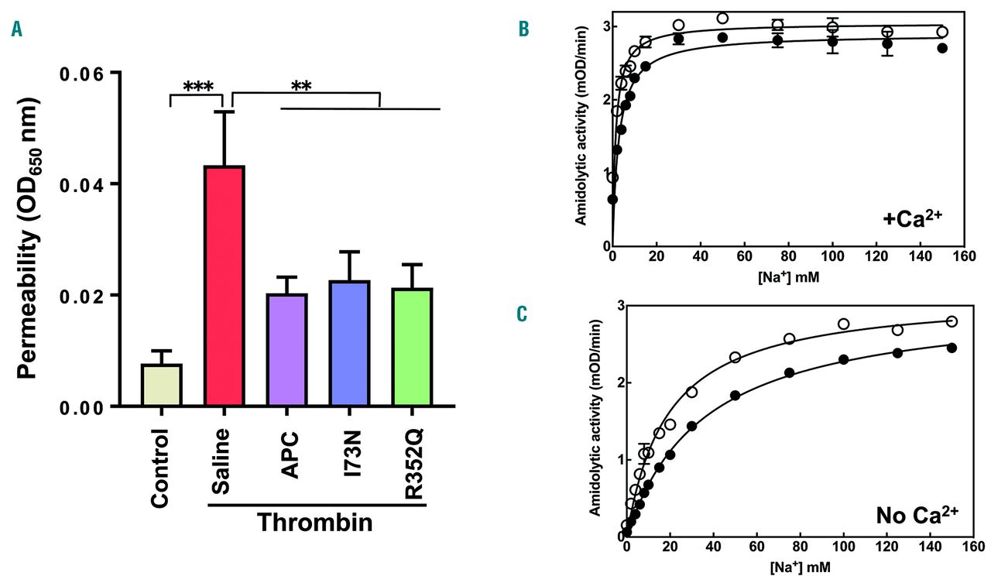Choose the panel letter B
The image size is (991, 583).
pyautogui.click(x=523, y=29)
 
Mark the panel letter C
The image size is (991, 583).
pyautogui.click(x=523, y=314)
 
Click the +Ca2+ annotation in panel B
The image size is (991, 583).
pyautogui.click(x=916, y=218)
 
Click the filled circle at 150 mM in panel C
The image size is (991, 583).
pyautogui.click(x=952, y=348)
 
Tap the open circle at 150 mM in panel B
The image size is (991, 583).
pyautogui.click(x=941, y=32)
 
